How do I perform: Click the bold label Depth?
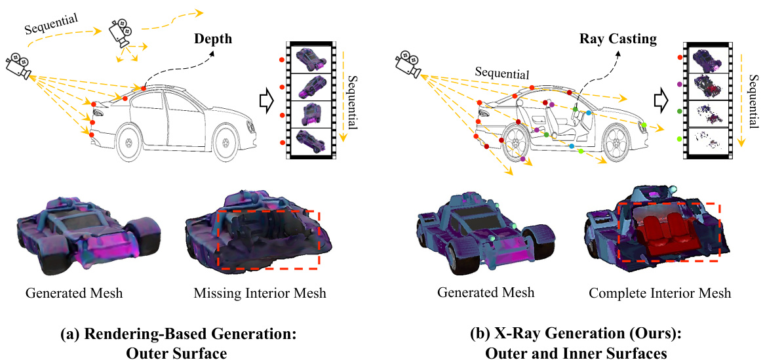point(213,39)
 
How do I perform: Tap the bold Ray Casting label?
point(618,39)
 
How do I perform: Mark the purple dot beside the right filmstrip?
point(678,85)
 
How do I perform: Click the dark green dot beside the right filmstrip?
point(678,112)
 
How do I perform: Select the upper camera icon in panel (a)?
point(119,31)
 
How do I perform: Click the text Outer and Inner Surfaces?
point(575,353)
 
